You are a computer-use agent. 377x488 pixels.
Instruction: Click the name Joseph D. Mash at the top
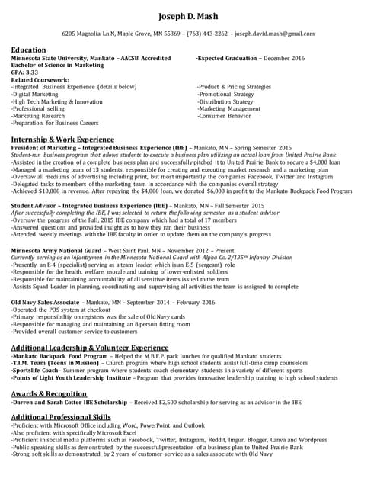click(188, 16)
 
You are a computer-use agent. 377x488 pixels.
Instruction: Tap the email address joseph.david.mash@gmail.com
click(274, 34)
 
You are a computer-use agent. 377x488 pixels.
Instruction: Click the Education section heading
click(28, 50)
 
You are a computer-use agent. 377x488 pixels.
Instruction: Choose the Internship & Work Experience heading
click(62, 139)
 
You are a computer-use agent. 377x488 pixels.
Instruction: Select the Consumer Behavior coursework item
click(225, 116)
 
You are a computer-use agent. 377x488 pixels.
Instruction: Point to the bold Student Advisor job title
click(35, 206)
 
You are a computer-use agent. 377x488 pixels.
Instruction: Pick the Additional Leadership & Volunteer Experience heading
click(90, 347)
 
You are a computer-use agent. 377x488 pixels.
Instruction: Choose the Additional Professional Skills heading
click(61, 417)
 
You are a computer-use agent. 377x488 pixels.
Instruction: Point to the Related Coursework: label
click(40, 79)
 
